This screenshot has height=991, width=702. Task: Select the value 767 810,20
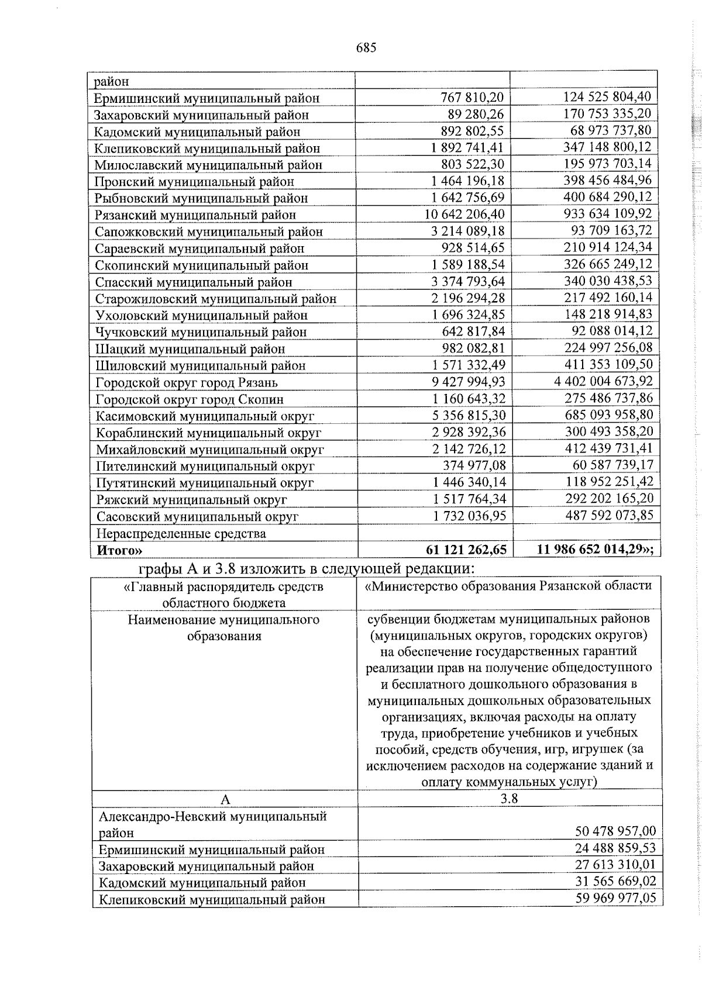click(x=472, y=98)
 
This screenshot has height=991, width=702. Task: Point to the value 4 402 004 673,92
click(x=603, y=382)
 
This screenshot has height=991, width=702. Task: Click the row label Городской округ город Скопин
click(x=190, y=400)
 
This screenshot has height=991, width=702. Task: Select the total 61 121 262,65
click(x=466, y=550)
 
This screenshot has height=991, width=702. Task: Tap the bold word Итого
click(x=119, y=551)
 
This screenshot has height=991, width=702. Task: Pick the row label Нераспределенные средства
click(x=181, y=534)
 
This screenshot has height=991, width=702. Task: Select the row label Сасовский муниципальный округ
click(x=197, y=517)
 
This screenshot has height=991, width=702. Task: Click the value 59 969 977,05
click(x=615, y=898)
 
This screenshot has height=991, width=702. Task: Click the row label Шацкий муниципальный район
click(x=190, y=350)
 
